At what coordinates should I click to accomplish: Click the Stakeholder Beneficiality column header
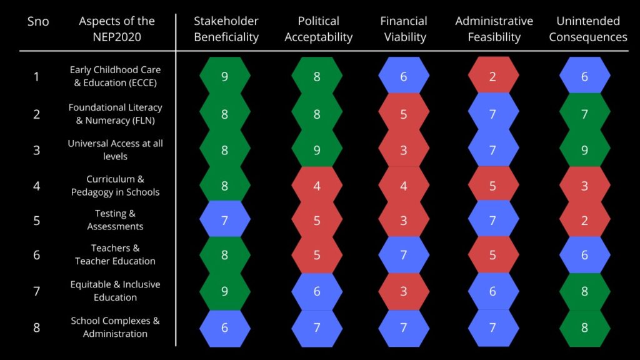tap(226, 29)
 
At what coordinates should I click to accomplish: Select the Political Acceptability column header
tap(318, 29)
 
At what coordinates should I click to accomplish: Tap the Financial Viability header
tap(404, 29)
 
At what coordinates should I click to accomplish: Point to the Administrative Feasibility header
tap(494, 29)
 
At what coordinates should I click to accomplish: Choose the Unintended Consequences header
tap(587, 29)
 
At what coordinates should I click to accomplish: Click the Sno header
tap(38, 22)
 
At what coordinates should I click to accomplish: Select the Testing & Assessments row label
tap(115, 220)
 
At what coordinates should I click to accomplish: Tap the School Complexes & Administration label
tap(115, 327)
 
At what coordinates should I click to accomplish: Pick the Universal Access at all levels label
tap(115, 150)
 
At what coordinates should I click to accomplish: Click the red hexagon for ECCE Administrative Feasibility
tap(494, 77)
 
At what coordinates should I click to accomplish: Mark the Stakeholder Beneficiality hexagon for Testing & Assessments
tap(225, 219)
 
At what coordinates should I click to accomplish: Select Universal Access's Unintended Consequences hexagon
tap(584, 150)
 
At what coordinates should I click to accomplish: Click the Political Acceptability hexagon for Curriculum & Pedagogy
tap(317, 186)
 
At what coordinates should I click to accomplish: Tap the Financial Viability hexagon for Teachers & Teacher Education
tap(404, 254)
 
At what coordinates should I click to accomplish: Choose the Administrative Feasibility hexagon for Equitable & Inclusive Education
tap(494, 291)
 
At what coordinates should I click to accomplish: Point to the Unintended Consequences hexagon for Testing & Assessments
tap(584, 219)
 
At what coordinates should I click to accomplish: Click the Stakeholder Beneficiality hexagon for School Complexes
tap(225, 327)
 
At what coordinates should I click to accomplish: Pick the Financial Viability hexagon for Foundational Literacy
tap(404, 114)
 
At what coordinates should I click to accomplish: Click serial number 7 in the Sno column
tap(36, 291)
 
